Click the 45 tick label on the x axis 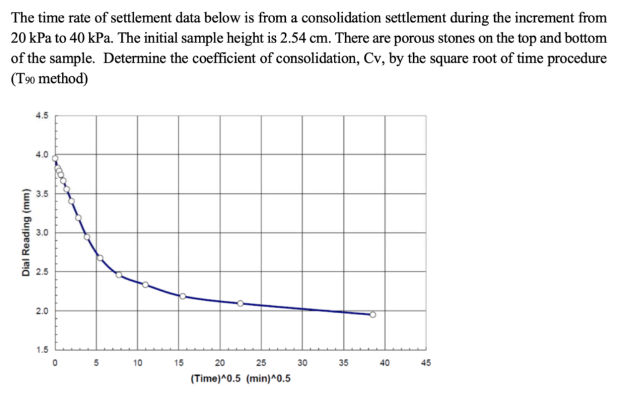click(x=426, y=363)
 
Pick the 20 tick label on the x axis click(x=220, y=363)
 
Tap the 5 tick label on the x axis click(x=96, y=363)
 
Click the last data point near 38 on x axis click(x=373, y=315)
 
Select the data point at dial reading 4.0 click(x=55, y=158)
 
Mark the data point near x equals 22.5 click(x=240, y=303)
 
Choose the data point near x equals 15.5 click(x=182, y=296)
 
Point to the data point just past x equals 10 click(x=145, y=285)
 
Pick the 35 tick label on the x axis click(x=343, y=363)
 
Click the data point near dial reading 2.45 click(x=119, y=275)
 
